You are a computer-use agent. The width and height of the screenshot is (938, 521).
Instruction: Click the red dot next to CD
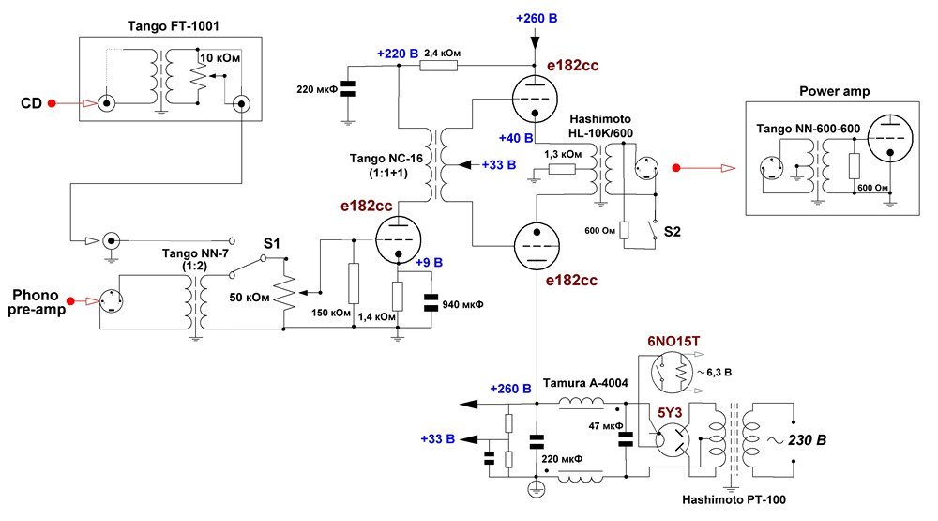[52, 103]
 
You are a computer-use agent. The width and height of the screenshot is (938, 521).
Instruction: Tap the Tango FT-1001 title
[174, 26]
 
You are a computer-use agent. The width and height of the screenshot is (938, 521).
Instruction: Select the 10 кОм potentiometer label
[219, 58]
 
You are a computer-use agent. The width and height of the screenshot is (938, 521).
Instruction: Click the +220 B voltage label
[397, 54]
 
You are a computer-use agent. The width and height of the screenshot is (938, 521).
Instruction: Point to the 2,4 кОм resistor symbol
[438, 65]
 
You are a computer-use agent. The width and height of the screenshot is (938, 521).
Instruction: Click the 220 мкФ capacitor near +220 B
[347, 89]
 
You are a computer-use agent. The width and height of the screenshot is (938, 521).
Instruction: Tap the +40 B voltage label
[516, 138]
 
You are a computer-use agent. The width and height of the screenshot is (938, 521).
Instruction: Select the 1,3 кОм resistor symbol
[562, 170]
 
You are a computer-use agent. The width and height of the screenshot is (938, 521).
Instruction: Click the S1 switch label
[272, 243]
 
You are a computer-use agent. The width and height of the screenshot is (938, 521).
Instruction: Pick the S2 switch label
[673, 232]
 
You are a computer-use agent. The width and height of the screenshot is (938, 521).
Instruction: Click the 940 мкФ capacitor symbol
[431, 303]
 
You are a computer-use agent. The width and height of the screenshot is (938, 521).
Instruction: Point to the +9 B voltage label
[429, 263]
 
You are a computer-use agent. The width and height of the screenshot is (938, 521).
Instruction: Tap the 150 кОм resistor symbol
[354, 283]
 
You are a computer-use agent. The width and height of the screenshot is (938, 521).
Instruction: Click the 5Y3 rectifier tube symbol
[672, 441]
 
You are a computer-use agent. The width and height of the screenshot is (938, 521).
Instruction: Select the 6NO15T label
[673, 342]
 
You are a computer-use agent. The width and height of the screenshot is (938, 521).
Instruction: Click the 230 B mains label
[807, 440]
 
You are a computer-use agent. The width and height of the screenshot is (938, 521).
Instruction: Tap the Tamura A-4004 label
[585, 383]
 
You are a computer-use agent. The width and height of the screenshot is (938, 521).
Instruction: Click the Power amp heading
[835, 92]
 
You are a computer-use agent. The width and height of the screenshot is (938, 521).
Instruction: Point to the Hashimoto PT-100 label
[734, 499]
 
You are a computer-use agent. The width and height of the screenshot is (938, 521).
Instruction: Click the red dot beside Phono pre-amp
[70, 300]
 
